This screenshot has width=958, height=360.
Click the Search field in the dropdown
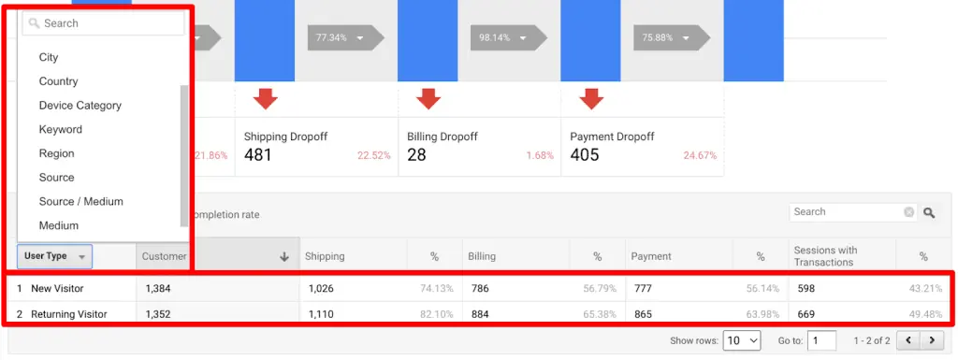(103, 22)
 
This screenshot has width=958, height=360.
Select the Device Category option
(80, 106)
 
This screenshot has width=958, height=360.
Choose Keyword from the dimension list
(61, 130)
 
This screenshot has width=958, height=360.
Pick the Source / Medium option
(81, 201)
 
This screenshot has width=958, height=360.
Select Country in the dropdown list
(58, 81)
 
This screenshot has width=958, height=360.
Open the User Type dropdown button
(54, 256)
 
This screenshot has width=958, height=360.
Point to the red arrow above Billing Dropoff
(428, 97)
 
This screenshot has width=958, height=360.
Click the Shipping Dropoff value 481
(258, 155)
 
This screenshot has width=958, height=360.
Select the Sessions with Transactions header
(825, 256)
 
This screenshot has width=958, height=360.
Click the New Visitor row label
(55, 289)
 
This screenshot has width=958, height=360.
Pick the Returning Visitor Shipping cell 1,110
(320, 314)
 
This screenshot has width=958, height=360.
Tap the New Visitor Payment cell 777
(643, 289)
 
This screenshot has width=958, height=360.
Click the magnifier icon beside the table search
(929, 213)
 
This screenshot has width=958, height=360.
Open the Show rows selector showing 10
(742, 341)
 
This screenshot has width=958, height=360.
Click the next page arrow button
(931, 341)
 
